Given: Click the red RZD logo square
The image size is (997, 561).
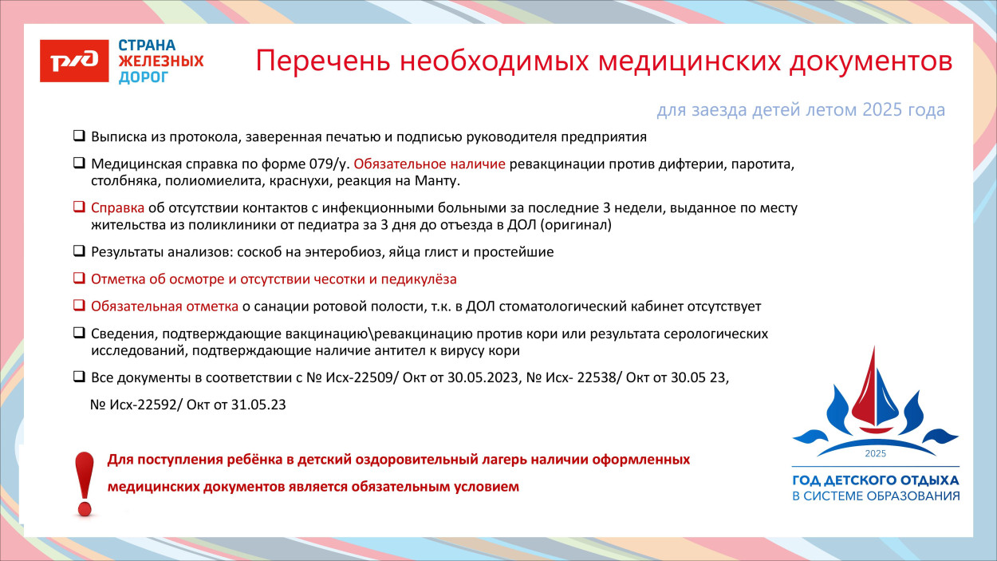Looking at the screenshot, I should point(74,61).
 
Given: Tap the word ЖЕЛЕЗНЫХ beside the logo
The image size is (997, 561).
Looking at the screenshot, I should point(161,61).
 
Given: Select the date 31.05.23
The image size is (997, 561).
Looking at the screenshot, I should point(258,405).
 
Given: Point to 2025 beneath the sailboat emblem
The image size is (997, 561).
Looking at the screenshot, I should point(875,453).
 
